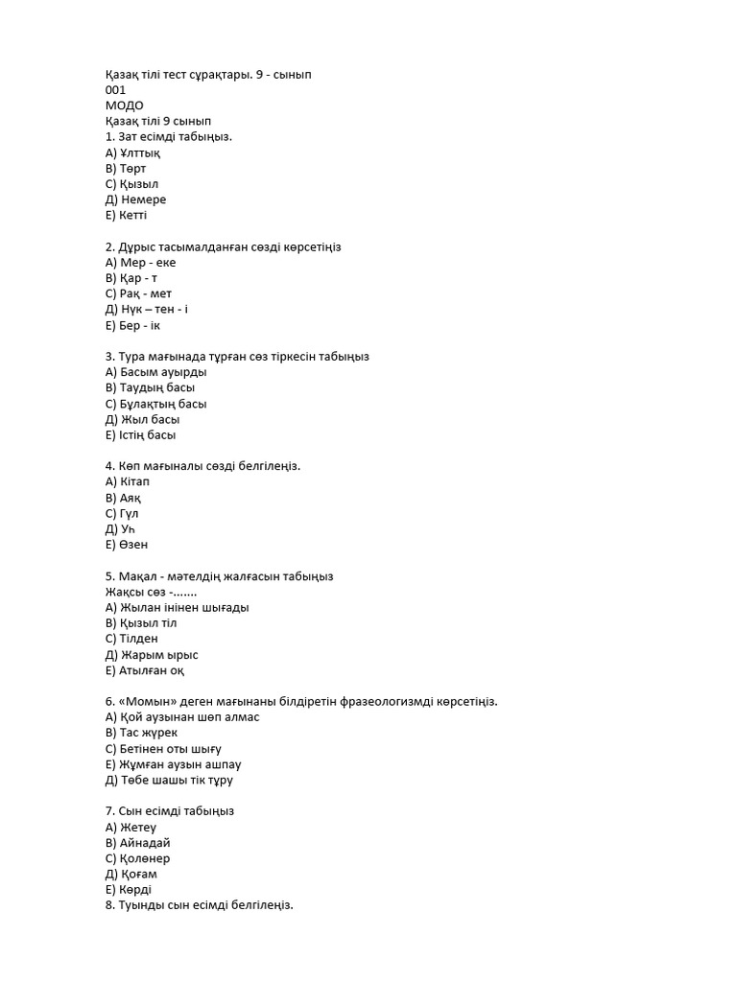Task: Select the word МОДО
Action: [x=125, y=105]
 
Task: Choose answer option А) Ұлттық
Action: [x=133, y=152]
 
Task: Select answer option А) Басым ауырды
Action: [x=156, y=372]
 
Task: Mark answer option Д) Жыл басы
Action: [x=143, y=419]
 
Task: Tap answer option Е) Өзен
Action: [x=127, y=545]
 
